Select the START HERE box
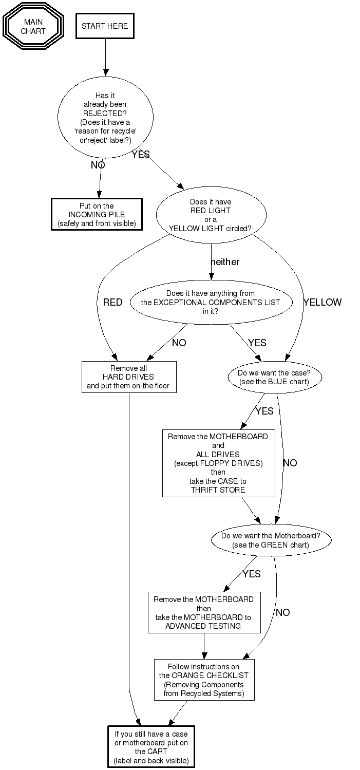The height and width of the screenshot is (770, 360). (105, 26)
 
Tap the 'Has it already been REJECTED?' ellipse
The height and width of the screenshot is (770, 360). (105, 117)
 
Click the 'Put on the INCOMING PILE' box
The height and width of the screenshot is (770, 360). (97, 214)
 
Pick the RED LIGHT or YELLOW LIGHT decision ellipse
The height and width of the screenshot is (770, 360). (211, 215)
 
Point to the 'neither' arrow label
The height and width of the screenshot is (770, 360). (225, 262)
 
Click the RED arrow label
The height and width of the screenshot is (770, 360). (113, 303)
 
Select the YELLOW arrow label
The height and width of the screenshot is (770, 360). (322, 303)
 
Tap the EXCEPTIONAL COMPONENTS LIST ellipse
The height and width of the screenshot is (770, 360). (211, 302)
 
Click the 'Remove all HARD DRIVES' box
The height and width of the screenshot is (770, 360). (128, 377)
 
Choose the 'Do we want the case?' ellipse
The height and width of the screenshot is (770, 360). (275, 378)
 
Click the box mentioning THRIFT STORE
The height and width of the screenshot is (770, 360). (218, 463)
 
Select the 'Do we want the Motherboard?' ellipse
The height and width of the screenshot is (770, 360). (271, 540)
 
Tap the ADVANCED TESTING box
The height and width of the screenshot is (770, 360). (203, 613)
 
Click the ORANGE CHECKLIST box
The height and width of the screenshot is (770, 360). (204, 680)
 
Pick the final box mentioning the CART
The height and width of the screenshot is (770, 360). (151, 747)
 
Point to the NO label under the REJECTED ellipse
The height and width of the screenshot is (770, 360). (98, 165)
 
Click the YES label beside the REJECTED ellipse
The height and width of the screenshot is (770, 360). (140, 154)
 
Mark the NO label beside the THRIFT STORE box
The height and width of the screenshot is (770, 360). (290, 463)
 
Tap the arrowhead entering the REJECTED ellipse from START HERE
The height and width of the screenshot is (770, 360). (105, 72)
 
